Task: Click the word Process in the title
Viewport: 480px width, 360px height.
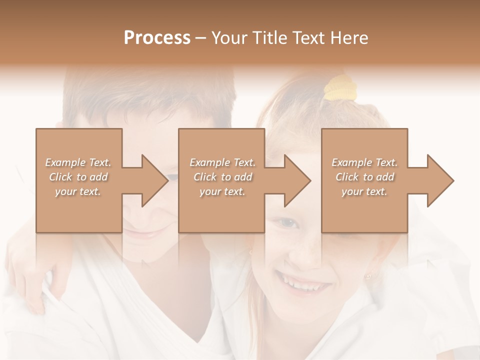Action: click(157, 38)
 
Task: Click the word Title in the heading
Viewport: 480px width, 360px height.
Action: click(268, 38)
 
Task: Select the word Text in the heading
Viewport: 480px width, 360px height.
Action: click(309, 38)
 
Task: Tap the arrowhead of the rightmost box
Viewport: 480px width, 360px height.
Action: click(439, 180)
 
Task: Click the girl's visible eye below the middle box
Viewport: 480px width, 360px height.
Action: click(288, 223)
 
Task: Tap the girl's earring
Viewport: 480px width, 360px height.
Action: click(369, 275)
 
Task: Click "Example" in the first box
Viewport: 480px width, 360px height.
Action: click(65, 162)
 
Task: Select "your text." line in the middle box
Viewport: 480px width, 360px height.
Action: click(222, 191)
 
